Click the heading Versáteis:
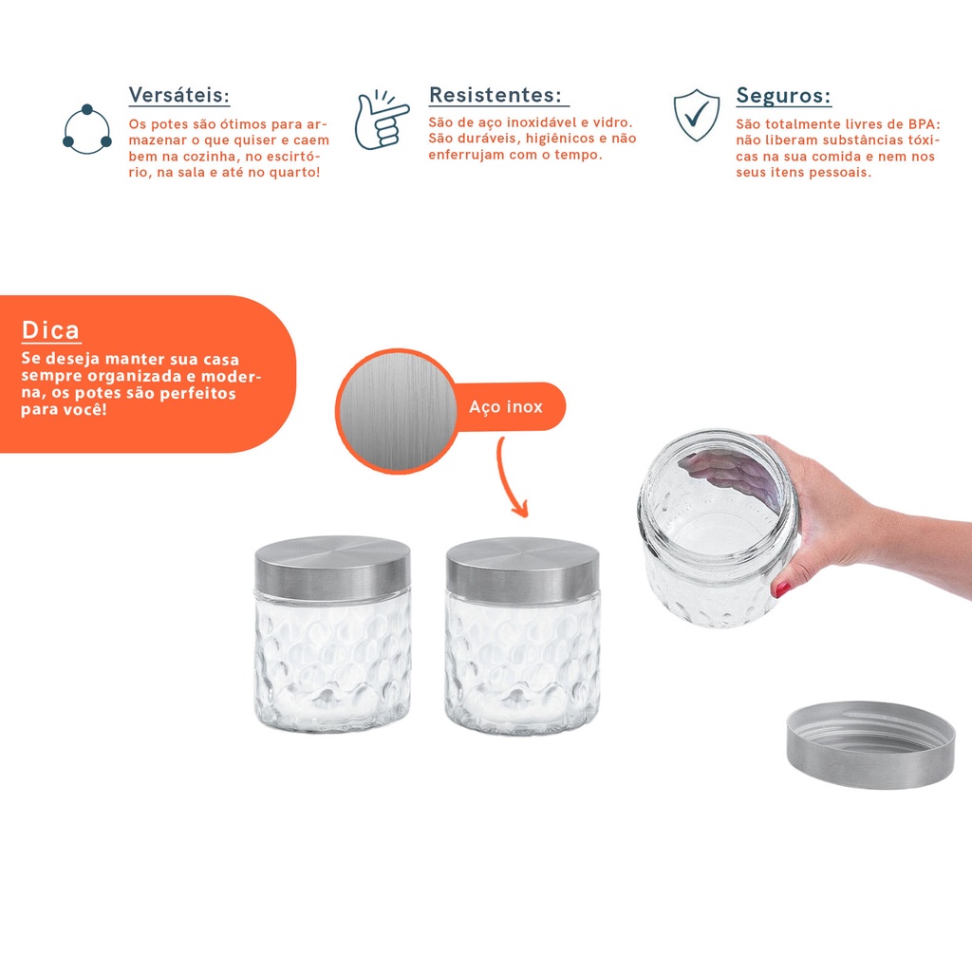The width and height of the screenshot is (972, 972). [x=179, y=96]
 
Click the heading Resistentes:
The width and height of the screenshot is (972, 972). [x=495, y=95]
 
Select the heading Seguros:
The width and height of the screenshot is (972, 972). [x=783, y=96]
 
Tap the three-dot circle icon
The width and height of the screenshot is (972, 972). [x=86, y=129]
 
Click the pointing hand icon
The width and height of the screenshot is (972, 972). [x=382, y=120]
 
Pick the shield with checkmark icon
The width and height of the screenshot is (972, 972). [x=697, y=115]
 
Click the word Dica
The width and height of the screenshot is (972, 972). [x=51, y=330]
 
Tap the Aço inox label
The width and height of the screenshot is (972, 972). [x=506, y=406]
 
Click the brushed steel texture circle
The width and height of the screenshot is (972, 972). [x=398, y=411]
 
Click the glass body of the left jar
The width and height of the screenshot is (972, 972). [x=333, y=662]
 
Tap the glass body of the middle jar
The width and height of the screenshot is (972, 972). [x=523, y=664]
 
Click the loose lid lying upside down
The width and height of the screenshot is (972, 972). [x=870, y=744]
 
